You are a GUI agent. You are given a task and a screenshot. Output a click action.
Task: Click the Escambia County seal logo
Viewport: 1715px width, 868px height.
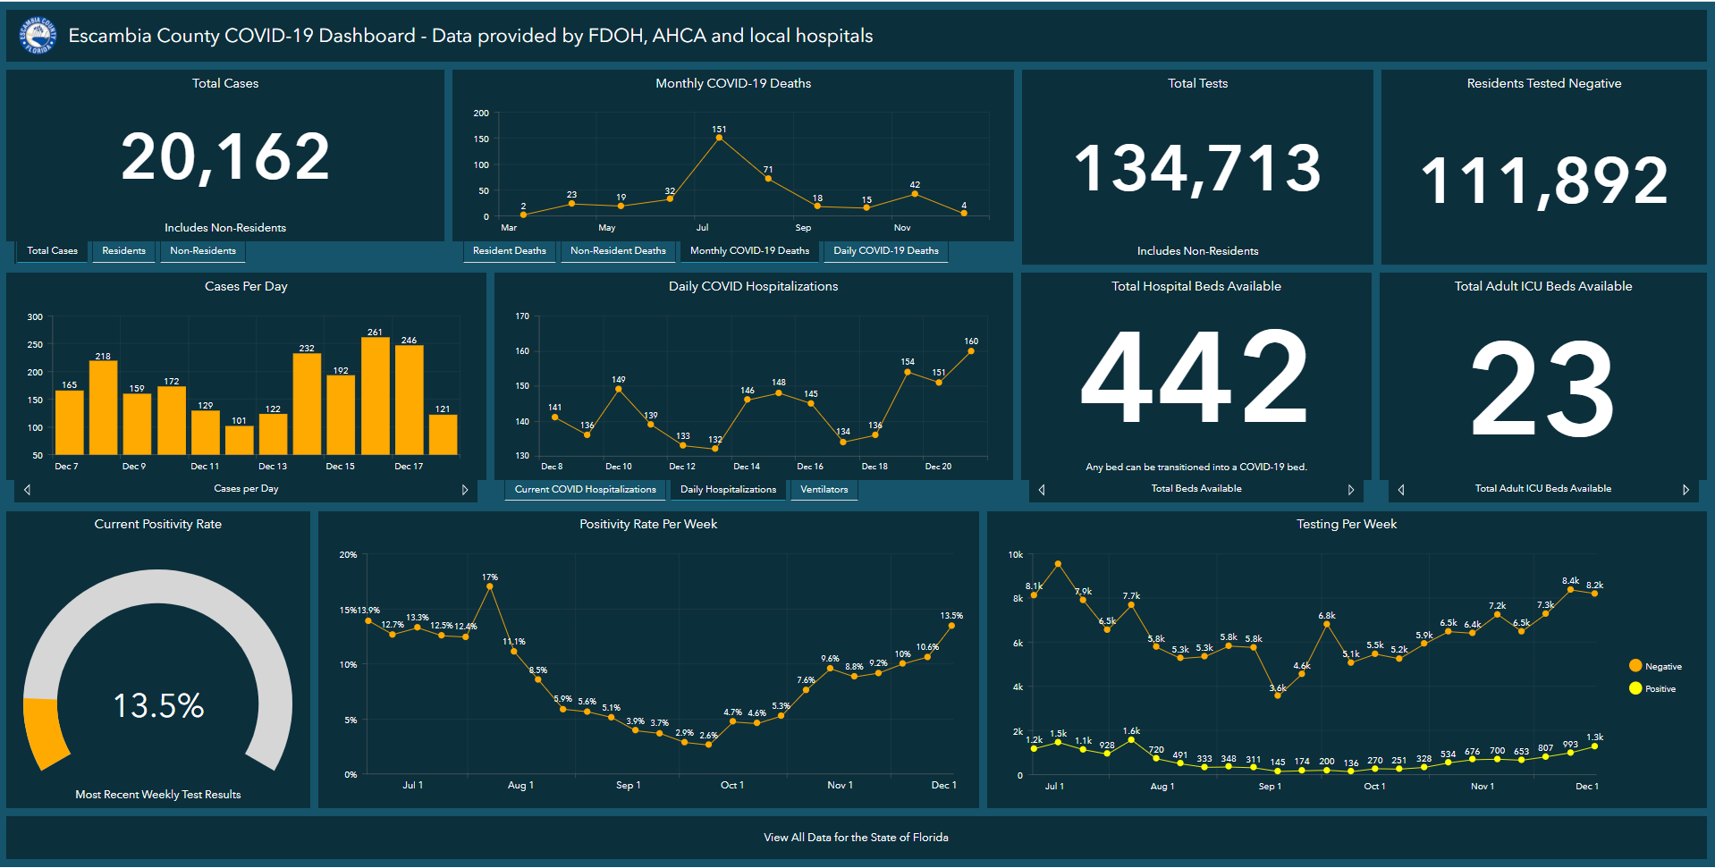coord(38,36)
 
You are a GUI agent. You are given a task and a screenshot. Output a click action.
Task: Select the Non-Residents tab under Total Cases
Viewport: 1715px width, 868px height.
coord(203,251)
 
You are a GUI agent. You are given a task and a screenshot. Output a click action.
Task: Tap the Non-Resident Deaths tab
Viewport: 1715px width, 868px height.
coord(618,251)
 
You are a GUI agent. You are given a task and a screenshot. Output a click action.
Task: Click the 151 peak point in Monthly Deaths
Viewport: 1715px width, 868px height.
coord(719,138)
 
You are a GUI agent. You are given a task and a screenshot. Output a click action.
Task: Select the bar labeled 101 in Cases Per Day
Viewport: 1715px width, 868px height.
coord(239,440)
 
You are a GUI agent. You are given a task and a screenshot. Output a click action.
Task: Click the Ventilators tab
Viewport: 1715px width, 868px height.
coord(824,490)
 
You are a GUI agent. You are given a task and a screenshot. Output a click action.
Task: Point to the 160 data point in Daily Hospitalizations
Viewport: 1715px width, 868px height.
coord(971,350)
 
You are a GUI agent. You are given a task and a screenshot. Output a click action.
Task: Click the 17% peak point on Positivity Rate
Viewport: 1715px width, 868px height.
coord(490,586)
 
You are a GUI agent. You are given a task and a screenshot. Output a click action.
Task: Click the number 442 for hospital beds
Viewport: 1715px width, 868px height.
coord(1195,377)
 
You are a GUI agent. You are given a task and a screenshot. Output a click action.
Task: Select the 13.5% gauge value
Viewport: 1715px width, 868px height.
coord(158,706)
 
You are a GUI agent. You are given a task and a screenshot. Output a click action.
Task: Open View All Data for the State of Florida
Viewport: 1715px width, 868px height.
coord(856,838)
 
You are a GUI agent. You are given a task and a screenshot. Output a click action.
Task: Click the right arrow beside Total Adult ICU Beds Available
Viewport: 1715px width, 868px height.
coord(1685,490)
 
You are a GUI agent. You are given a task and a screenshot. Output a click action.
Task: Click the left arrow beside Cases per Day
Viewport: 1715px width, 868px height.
coord(28,490)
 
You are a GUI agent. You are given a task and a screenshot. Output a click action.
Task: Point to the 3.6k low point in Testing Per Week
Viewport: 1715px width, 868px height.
coord(1277,695)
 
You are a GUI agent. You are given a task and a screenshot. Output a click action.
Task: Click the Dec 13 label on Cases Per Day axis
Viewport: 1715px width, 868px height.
coord(273,467)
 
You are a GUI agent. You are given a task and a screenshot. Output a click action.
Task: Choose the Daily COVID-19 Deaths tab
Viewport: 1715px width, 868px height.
coord(885,251)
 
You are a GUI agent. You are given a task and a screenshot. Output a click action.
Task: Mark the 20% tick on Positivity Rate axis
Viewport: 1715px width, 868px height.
coord(348,555)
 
